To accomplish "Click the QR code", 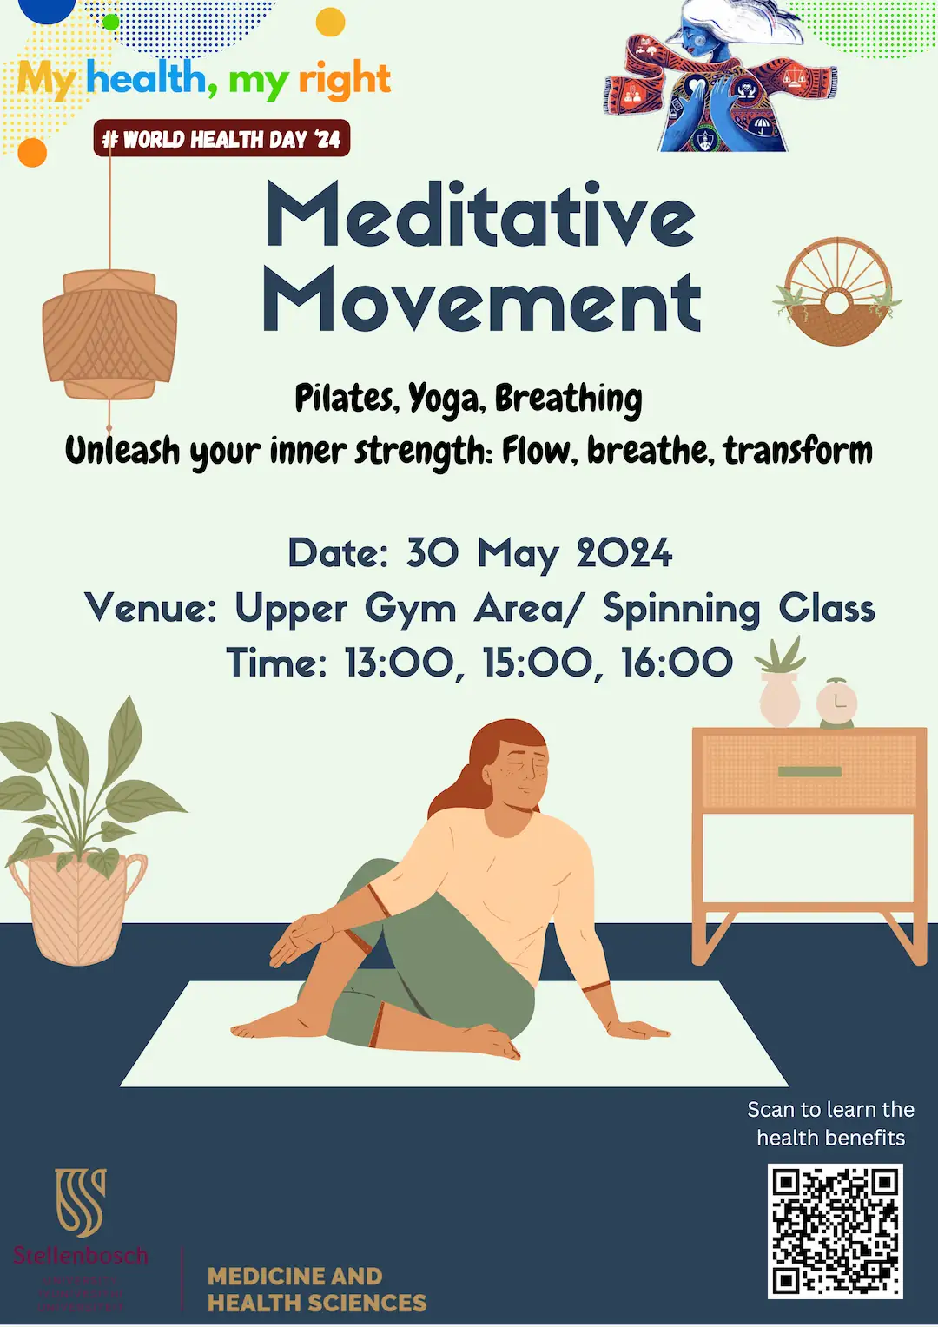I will click(835, 1231).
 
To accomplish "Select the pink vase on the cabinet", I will click(779, 699).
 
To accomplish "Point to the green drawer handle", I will click(809, 771).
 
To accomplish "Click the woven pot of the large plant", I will click(79, 908).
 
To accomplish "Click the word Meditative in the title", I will click(480, 215).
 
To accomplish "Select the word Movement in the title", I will click(482, 300).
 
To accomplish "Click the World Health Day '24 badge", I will click(221, 139).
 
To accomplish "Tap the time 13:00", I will click(400, 663).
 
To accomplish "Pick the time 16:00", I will click(677, 663).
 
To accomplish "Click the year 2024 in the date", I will click(624, 553).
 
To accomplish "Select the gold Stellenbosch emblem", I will click(81, 1202).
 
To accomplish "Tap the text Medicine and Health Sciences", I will click(316, 1290).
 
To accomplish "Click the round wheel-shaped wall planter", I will click(837, 292).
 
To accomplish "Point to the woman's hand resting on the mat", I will click(638, 1030).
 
